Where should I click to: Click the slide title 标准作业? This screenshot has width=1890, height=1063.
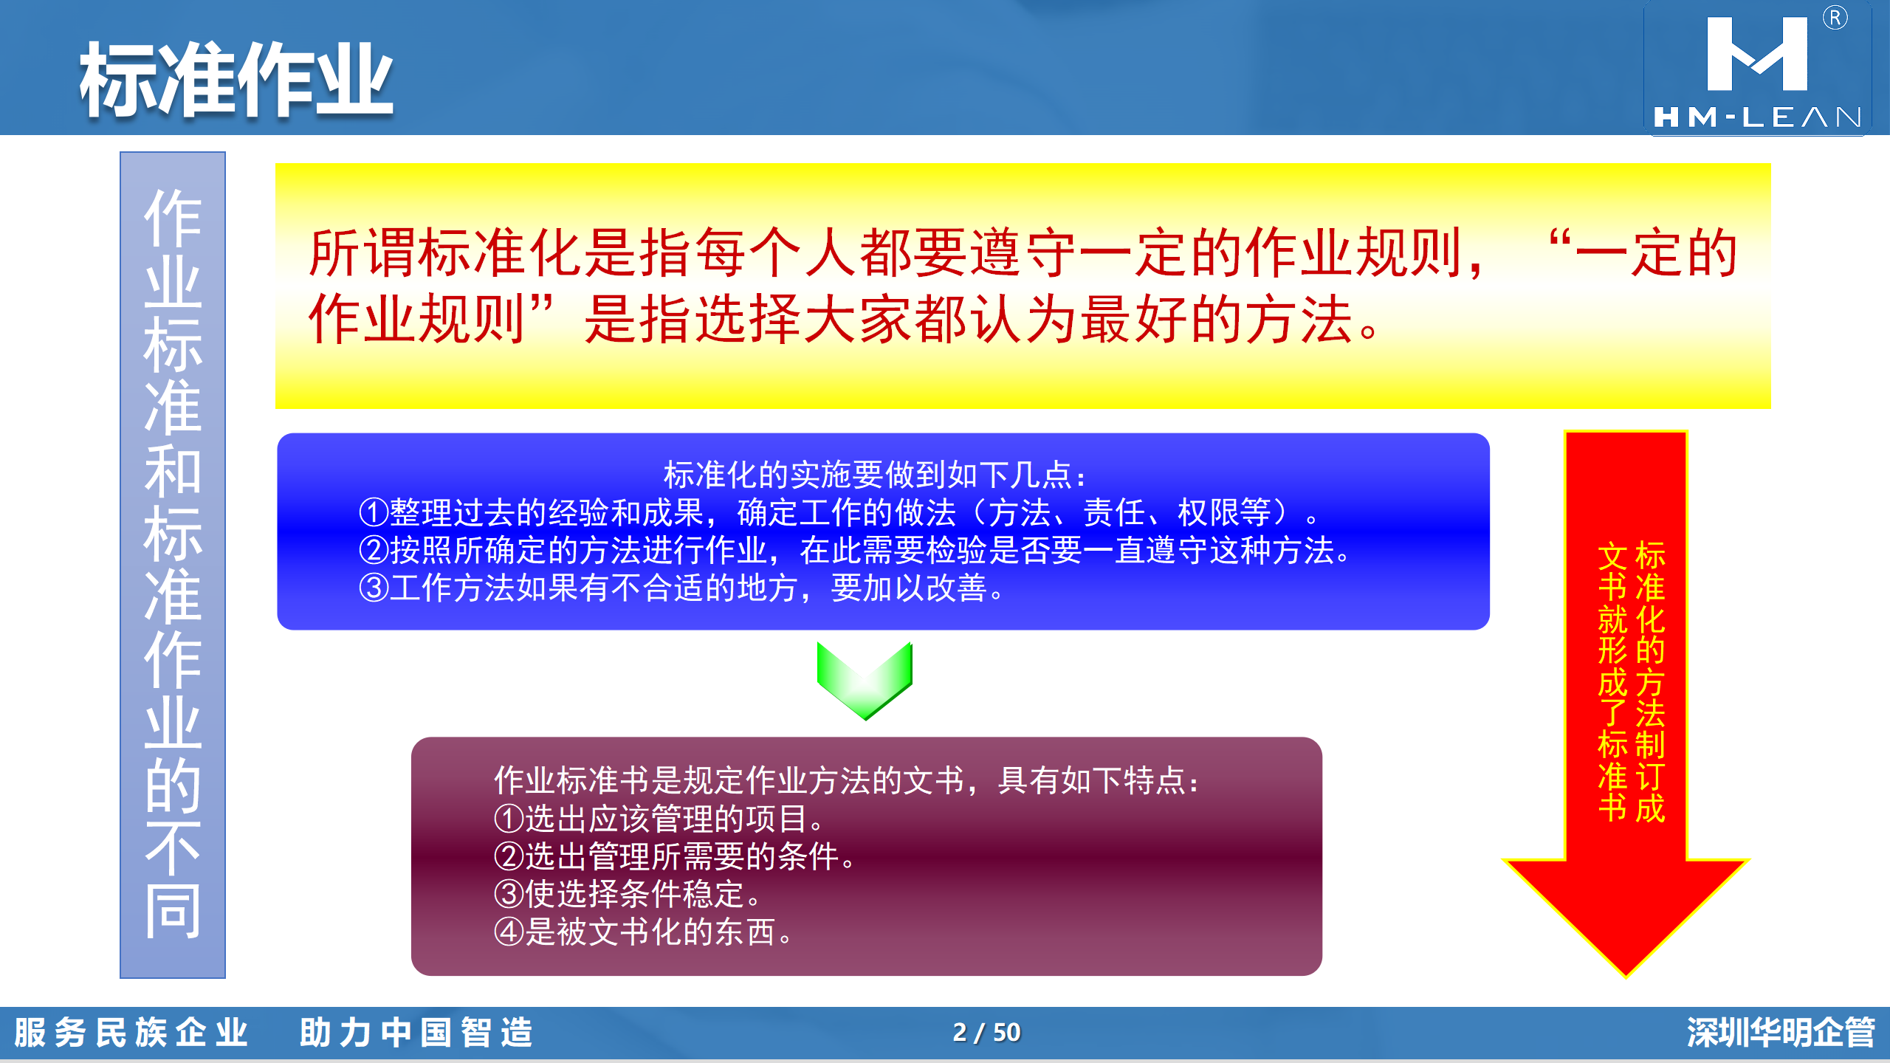click(x=236, y=80)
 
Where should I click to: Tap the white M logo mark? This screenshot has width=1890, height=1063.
click(x=1757, y=55)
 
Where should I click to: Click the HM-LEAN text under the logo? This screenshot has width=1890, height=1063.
click(x=1757, y=117)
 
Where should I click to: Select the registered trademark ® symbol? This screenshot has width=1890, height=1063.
click(x=1835, y=18)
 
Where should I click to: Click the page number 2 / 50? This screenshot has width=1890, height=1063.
click(x=986, y=1032)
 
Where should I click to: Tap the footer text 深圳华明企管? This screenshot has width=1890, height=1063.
click(x=1781, y=1032)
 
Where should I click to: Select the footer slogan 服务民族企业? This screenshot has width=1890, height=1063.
click(x=131, y=1032)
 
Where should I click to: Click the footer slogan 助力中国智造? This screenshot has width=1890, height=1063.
click(x=416, y=1032)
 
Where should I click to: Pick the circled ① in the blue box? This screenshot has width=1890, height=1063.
click(x=374, y=512)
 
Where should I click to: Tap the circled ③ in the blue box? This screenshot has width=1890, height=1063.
click(x=374, y=588)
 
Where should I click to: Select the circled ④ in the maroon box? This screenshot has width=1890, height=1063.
click(x=509, y=932)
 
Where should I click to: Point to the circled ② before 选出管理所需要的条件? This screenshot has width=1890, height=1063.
click(x=509, y=856)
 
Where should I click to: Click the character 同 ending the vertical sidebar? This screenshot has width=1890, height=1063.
click(x=173, y=911)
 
